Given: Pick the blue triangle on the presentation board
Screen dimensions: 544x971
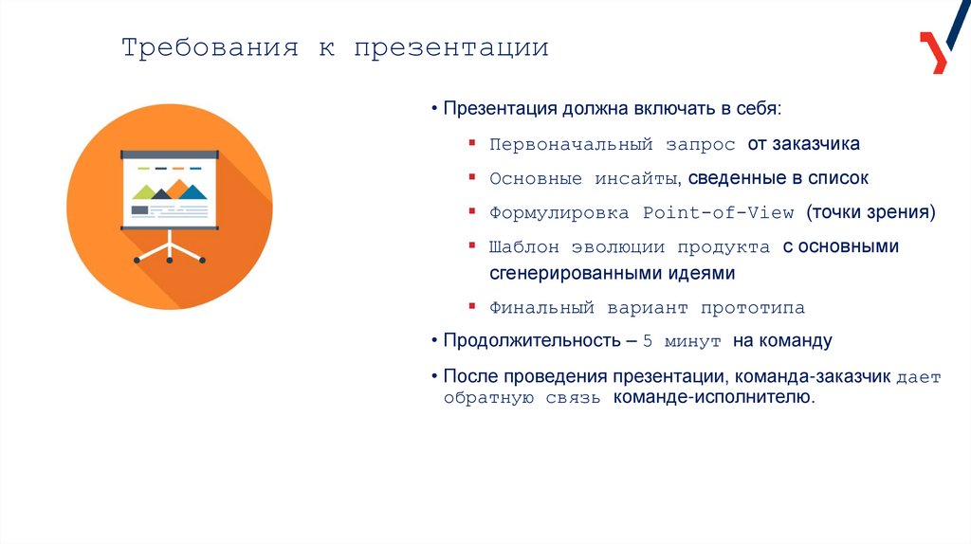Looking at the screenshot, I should point(192,191).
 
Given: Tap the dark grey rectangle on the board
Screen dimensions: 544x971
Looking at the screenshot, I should point(140,209).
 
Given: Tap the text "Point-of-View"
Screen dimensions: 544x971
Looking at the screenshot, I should point(718,213).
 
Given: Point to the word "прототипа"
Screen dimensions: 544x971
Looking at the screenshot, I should point(753,308).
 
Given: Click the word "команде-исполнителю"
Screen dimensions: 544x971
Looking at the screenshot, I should point(712,399).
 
